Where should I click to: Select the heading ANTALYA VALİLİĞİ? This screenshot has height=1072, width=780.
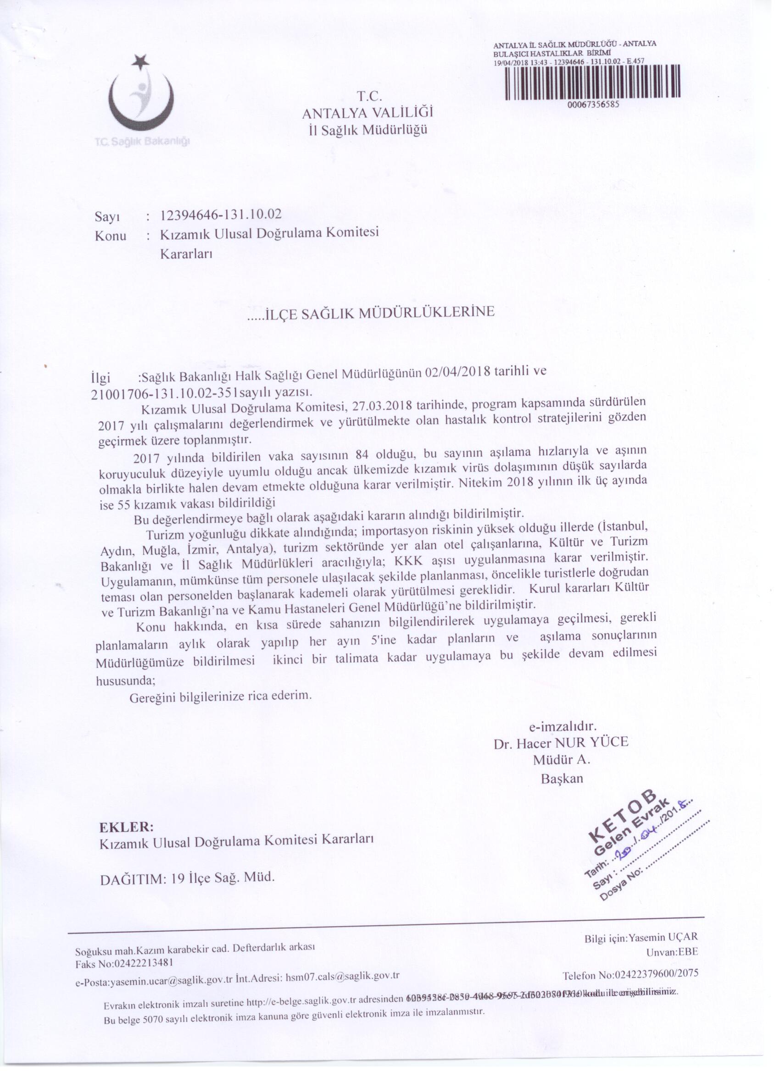(x=368, y=113)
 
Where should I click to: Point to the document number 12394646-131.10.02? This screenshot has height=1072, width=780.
(x=221, y=215)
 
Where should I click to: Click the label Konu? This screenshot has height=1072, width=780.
(x=111, y=236)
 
